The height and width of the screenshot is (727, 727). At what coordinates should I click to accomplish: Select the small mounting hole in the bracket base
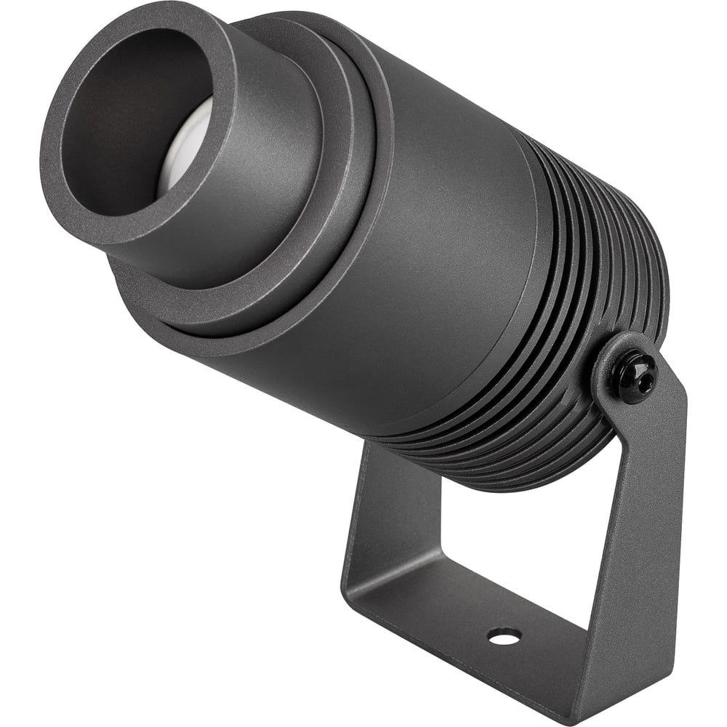click(x=504, y=636)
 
